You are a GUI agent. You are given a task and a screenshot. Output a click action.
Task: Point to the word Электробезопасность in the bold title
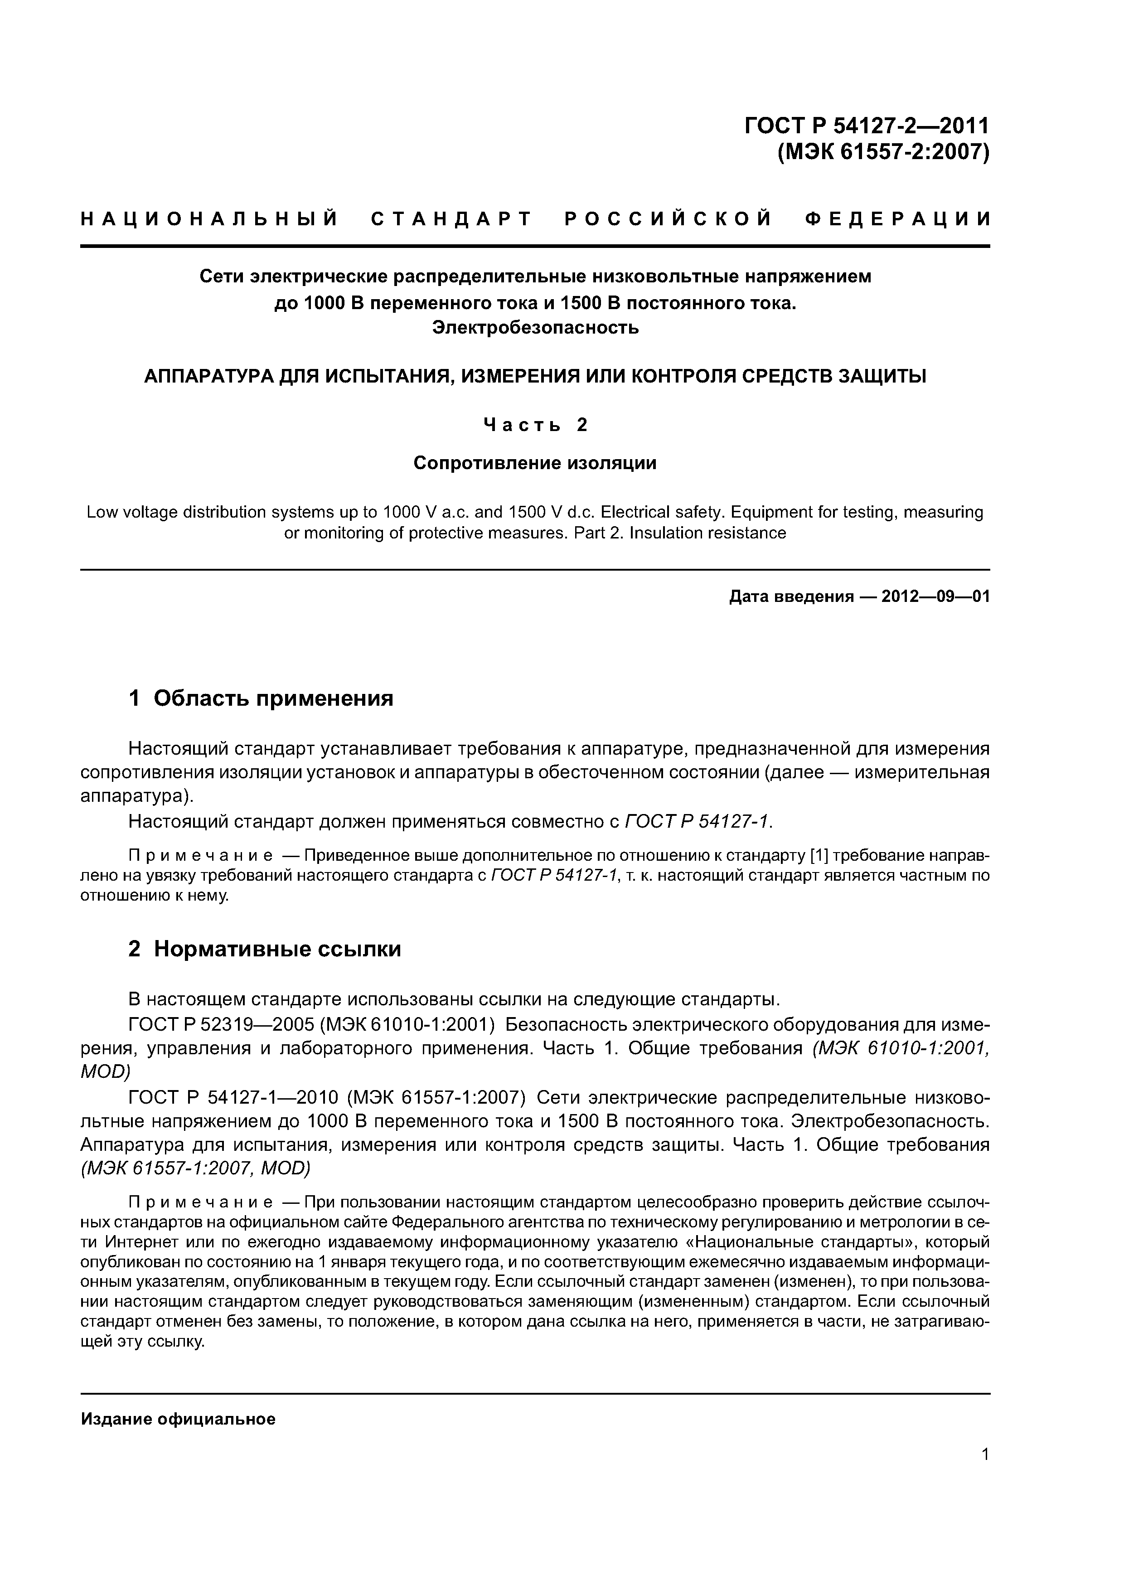[x=535, y=328]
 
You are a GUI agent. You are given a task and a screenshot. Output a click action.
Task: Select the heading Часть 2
[x=535, y=425]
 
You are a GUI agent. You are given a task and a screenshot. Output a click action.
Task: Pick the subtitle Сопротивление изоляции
[x=535, y=463]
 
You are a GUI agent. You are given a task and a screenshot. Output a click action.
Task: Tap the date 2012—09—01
[x=935, y=596]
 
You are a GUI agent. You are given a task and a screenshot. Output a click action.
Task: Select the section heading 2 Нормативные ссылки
[x=265, y=949]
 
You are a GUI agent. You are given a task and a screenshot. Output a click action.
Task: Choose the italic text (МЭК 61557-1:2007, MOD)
[x=196, y=1168]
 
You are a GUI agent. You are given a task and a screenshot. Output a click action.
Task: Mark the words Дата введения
[x=791, y=596]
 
